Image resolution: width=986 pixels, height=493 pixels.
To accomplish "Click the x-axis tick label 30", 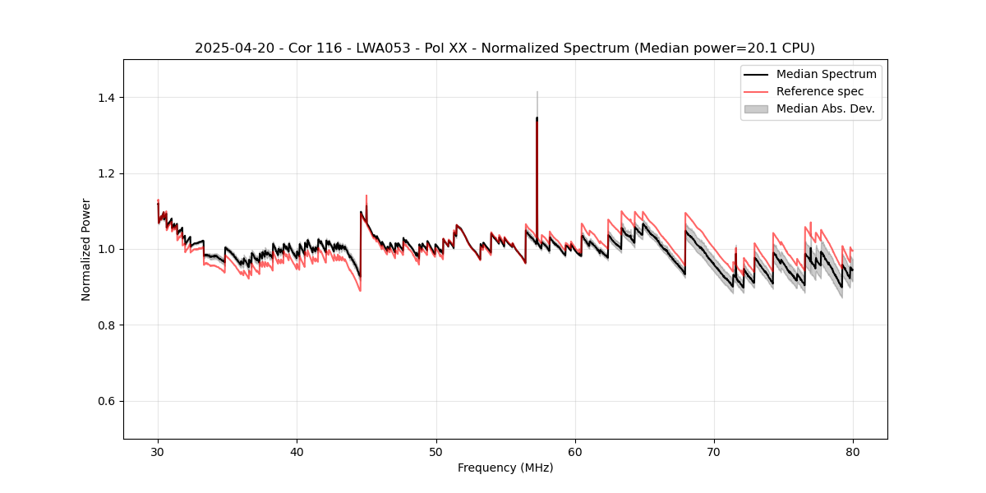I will tap(158, 451).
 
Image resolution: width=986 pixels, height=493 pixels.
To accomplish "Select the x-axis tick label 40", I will tap(297, 451).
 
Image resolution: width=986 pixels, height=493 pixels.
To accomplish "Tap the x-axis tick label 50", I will tap(436, 451).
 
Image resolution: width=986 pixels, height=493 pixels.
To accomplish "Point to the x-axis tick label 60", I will tap(575, 451).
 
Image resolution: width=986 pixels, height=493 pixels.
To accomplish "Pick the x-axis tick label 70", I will tap(714, 451).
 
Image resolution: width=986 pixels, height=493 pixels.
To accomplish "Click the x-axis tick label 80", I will tap(853, 451).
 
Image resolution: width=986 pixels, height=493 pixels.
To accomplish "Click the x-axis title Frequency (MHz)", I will tap(505, 468).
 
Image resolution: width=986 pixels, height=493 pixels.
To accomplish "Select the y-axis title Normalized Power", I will tap(86, 249).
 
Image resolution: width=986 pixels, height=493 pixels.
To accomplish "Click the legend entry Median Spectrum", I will tap(826, 74).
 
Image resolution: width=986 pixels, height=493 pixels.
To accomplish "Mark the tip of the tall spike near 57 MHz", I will tap(537, 117).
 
